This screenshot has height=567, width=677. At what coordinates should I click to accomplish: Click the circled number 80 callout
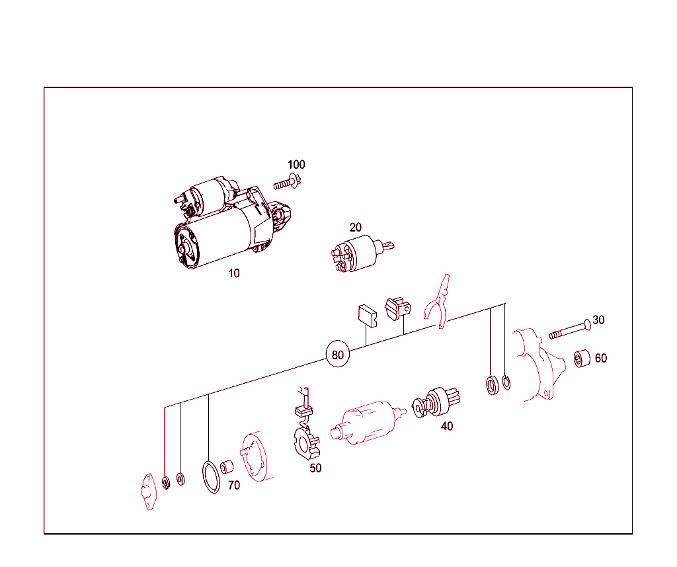pos(337,355)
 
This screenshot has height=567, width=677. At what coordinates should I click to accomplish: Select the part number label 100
pos(296,165)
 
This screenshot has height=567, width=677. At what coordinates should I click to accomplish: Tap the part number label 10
pos(233,273)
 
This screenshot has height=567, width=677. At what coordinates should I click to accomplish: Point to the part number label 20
pos(355,228)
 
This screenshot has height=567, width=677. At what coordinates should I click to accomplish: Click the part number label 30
pos(598,320)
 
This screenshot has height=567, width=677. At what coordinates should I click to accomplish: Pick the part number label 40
pos(447,427)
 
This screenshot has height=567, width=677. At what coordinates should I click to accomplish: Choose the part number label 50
pos(315,468)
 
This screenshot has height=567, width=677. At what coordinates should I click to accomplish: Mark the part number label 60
pos(601,359)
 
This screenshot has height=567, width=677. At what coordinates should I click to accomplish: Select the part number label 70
pos(234,486)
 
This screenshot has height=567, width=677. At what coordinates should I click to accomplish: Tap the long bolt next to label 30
pos(570,329)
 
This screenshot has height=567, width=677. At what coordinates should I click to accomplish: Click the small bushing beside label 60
pos(582,359)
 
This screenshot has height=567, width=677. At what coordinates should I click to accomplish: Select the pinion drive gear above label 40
pos(436,403)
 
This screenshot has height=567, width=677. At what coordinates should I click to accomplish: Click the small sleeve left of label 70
pos(227,467)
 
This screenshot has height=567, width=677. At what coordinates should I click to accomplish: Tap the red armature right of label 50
pos(367,423)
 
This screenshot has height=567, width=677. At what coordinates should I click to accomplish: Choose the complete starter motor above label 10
pos(232,222)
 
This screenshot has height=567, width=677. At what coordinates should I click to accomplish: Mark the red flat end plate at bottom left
pos(148,492)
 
